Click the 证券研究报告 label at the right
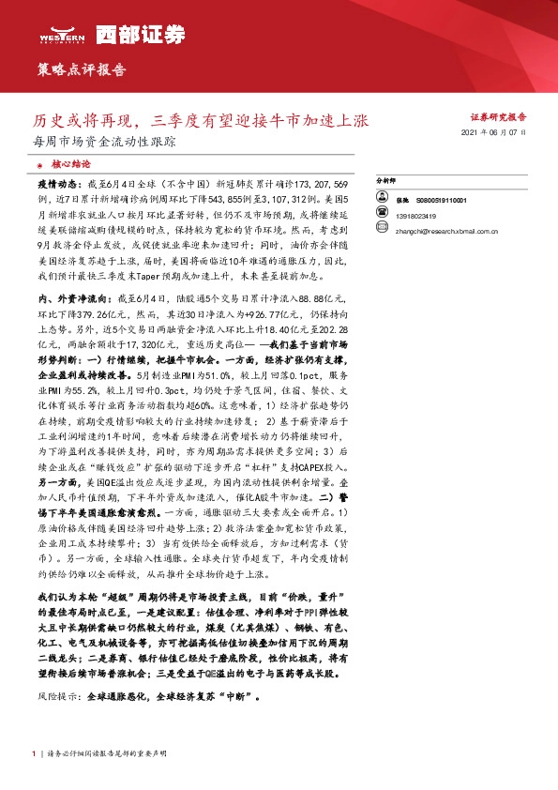pyautogui.click(x=498, y=117)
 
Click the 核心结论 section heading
pyautogui.click(x=68, y=163)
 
